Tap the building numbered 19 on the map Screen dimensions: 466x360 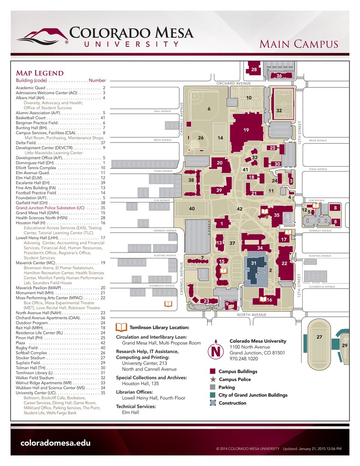(x=246, y=130)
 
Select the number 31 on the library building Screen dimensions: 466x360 (x=254, y=263)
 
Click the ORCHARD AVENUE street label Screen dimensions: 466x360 (x=233, y=84)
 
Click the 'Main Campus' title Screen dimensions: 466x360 (x=299, y=44)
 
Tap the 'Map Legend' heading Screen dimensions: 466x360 (x=40, y=73)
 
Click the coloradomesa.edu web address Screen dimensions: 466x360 (x=56, y=443)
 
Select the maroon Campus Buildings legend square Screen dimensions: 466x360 (x=213, y=371)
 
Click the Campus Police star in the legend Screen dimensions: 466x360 (x=213, y=379)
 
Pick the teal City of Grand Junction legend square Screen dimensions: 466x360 (x=213, y=395)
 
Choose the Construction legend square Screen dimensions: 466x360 (x=213, y=403)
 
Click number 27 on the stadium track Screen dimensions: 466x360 (x=319, y=337)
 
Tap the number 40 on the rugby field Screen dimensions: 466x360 (x=192, y=208)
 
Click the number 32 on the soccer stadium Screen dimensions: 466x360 (x=279, y=111)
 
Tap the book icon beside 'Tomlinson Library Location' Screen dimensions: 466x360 (x=122, y=327)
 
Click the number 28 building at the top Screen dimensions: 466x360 (x=254, y=69)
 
